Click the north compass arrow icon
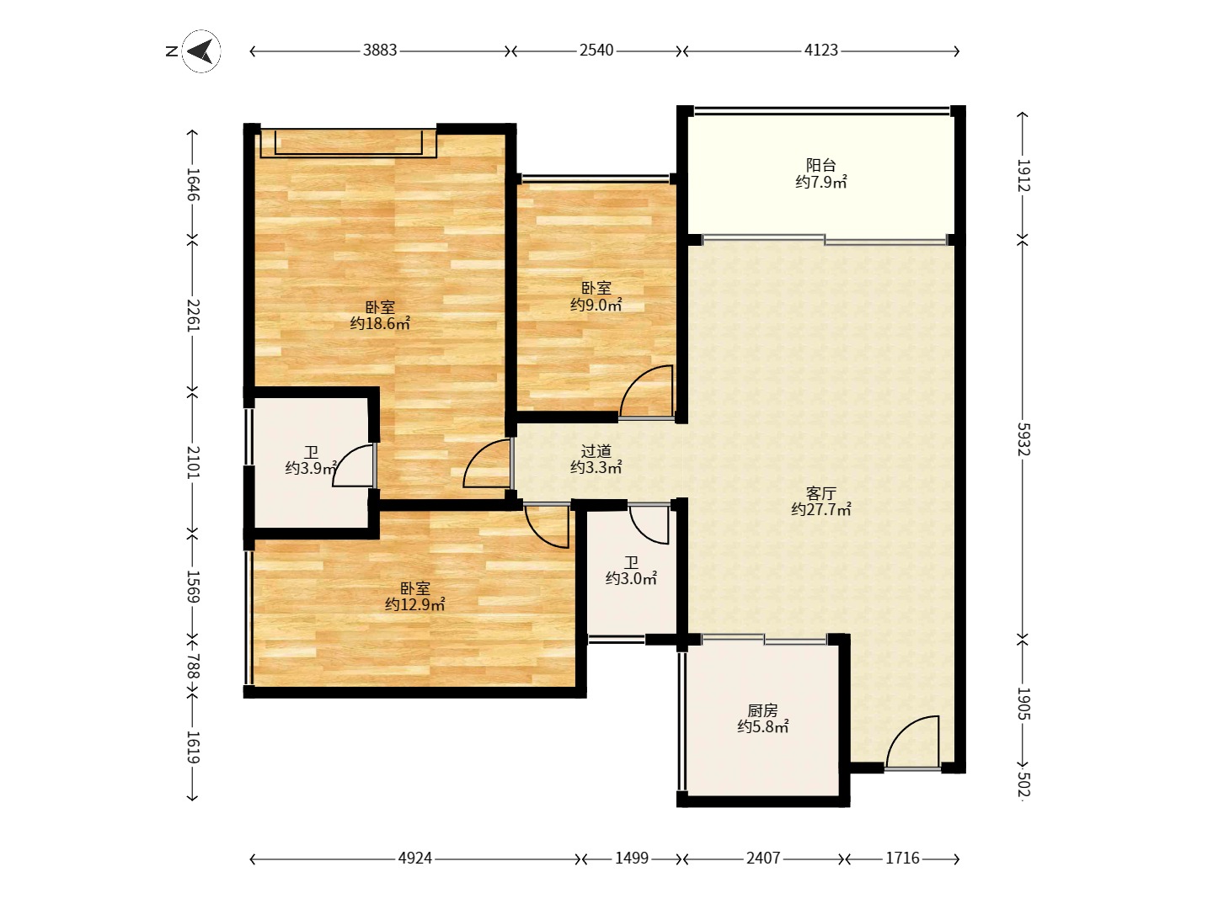click(x=201, y=51)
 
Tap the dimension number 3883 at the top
click(x=380, y=50)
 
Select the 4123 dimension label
click(x=820, y=50)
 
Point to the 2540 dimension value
click(x=596, y=50)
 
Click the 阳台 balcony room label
click(x=820, y=165)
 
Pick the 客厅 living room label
click(x=820, y=493)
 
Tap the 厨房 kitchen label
click(x=762, y=710)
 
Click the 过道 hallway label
click(x=596, y=451)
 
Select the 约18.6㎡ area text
click(x=380, y=323)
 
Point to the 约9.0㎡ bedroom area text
click(x=596, y=305)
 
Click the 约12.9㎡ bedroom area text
click(x=415, y=605)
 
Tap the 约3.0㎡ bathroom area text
click(x=631, y=579)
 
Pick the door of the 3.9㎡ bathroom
click(x=354, y=466)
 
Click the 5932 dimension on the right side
click(x=1023, y=439)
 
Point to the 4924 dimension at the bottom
click(x=415, y=858)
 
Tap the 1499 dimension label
click(x=632, y=858)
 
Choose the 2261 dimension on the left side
click(x=193, y=315)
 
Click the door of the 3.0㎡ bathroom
click(x=649, y=525)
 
